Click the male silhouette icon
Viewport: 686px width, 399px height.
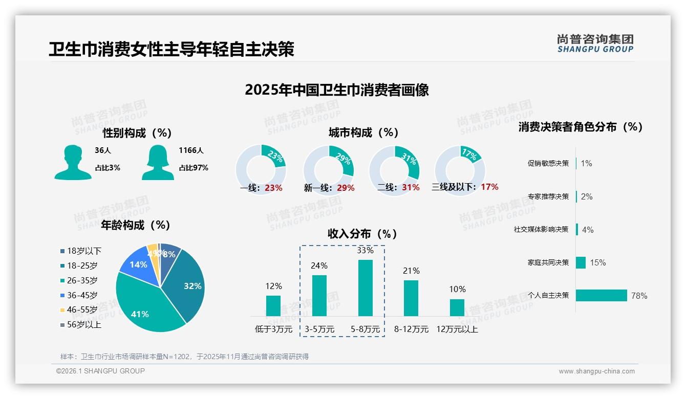[x=73, y=163]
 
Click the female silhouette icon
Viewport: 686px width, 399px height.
[x=158, y=163]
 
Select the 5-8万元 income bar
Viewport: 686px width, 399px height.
[x=365, y=288]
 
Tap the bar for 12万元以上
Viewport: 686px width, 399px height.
[x=457, y=307]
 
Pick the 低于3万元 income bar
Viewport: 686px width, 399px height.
[x=273, y=306]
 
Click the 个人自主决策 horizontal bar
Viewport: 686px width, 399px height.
[x=602, y=296]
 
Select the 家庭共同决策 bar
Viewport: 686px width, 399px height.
[x=581, y=262]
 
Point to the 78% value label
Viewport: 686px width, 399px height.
[x=639, y=296]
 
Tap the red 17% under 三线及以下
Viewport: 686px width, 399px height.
[x=489, y=187]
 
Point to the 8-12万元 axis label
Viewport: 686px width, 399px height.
[x=411, y=329]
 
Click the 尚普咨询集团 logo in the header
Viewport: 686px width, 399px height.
[x=595, y=43]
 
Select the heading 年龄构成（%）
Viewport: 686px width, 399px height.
[x=136, y=225]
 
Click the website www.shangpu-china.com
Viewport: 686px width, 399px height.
[x=596, y=371]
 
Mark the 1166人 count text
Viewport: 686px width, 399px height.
[x=191, y=150]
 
